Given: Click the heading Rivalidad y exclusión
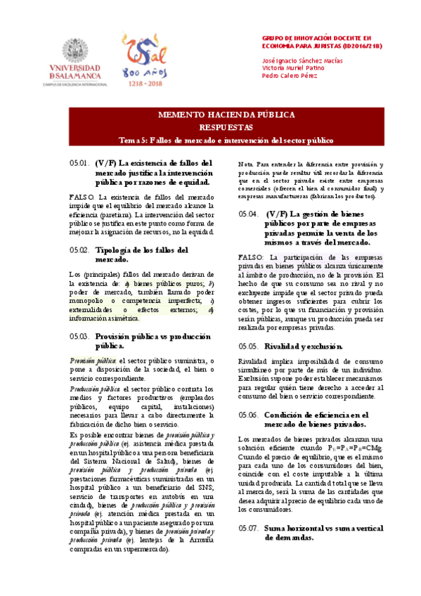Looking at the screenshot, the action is point(304,346).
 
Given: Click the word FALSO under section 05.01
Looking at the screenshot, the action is point(82,197).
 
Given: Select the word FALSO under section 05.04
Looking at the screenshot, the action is point(251,258).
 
